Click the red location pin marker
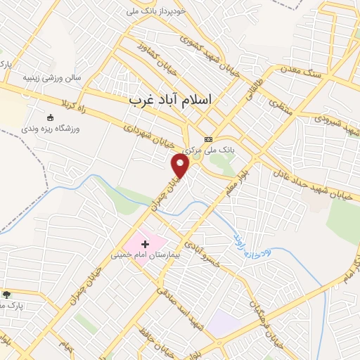tap(181, 166)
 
